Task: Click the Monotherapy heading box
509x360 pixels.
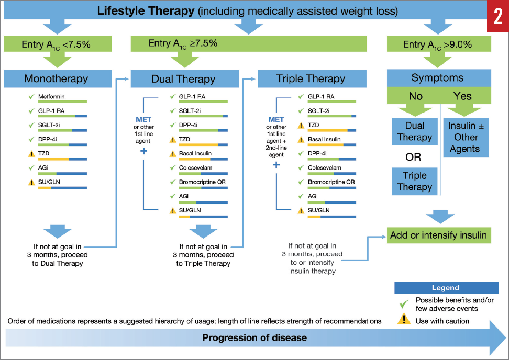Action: coord(56,79)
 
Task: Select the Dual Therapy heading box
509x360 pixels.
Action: coord(183,79)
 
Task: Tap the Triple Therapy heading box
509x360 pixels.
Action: coord(311,79)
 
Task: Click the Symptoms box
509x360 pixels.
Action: coord(437,78)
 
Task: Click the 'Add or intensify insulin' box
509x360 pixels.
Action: coord(438,235)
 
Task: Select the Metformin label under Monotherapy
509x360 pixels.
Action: coord(51,97)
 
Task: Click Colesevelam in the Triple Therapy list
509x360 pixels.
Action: coord(324,168)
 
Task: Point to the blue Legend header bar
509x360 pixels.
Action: coord(445,288)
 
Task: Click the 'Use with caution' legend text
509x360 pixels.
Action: coord(442,321)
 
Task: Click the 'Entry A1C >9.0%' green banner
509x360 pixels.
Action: coord(437,44)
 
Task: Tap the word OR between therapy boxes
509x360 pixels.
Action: coord(414,157)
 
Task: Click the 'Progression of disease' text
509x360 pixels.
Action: coord(255,337)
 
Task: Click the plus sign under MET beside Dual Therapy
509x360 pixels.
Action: coord(143,152)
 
